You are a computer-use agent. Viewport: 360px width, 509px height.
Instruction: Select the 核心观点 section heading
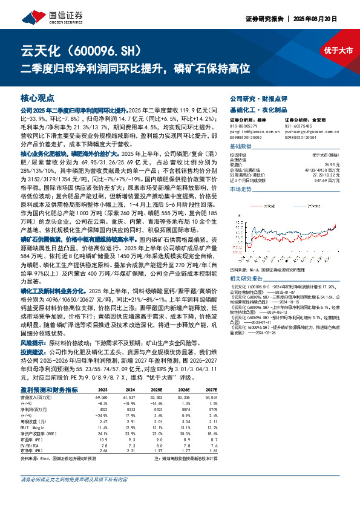pos(38,97)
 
